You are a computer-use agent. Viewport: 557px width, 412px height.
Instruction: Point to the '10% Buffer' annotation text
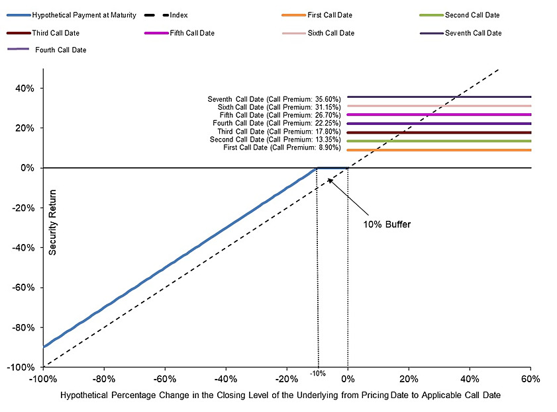pos(387,224)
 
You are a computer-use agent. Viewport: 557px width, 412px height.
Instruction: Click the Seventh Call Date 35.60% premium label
pos(274,99)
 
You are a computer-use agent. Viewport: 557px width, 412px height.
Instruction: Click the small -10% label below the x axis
pos(318,374)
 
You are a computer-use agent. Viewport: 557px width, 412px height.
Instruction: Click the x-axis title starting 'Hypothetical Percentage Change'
pos(280,395)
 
